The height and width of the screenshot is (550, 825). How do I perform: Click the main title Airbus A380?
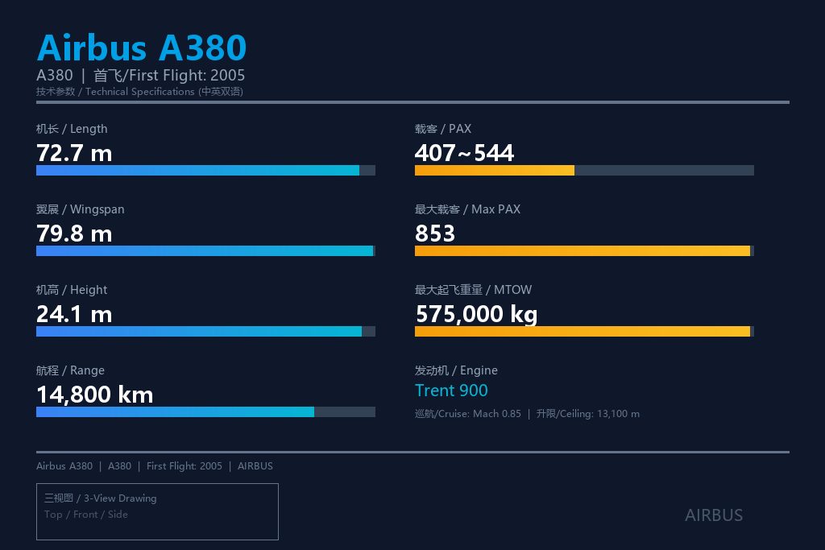(142, 48)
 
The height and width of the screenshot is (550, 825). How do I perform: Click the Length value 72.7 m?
(74, 154)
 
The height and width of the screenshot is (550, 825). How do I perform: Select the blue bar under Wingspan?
(205, 250)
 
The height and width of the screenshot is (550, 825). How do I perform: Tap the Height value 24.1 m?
(74, 314)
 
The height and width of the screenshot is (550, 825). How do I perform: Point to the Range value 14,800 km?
(95, 395)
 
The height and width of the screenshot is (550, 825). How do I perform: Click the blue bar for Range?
(175, 411)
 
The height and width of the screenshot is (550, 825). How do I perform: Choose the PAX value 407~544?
(464, 154)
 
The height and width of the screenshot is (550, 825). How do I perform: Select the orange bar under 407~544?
(495, 171)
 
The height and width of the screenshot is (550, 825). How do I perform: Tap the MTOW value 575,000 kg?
(477, 314)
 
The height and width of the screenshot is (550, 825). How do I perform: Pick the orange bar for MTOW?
(582, 331)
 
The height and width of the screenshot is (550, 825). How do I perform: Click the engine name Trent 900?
(451, 391)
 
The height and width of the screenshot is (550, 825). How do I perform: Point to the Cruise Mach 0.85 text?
(468, 414)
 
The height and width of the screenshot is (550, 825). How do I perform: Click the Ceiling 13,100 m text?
(587, 414)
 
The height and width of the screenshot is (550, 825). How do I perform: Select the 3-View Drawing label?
(101, 498)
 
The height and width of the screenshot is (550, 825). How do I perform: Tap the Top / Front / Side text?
(85, 515)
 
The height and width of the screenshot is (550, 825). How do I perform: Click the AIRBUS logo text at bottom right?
(714, 515)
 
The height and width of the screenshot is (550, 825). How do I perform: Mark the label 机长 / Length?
(72, 129)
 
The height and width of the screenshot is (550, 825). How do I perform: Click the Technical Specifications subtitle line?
(139, 92)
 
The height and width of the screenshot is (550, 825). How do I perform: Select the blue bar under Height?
(199, 331)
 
